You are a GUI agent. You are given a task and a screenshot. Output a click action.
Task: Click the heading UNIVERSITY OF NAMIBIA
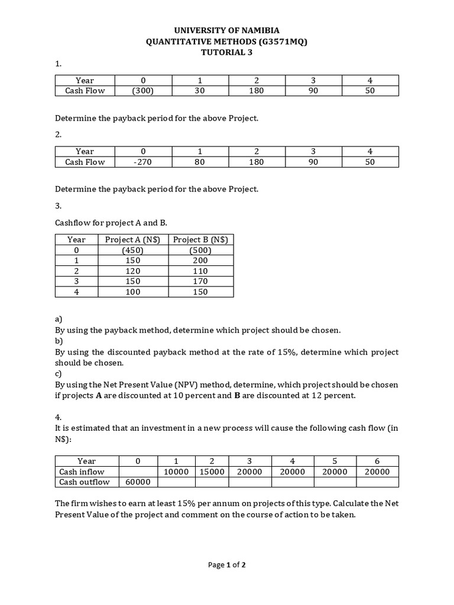226,30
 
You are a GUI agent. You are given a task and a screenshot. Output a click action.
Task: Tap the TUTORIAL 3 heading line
226,52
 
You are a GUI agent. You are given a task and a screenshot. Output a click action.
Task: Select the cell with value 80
199,162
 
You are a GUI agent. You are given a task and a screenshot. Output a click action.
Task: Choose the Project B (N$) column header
200,239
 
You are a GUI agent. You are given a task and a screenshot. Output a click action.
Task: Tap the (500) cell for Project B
200,250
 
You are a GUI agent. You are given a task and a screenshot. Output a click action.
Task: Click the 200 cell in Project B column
200,261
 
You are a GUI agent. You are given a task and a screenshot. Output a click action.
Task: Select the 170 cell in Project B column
200,281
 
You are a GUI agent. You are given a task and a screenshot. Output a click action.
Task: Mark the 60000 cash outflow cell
138,482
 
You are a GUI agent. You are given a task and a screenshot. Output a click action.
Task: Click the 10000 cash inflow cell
176,471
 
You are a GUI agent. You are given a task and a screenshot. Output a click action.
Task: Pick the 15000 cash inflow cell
211,471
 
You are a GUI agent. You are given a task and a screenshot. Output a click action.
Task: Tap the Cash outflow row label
85,482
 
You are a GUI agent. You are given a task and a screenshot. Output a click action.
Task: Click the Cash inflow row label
82,471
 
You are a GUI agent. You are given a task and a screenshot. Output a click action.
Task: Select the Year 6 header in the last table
377,461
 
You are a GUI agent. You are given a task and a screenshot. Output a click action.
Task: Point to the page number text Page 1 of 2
226,565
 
